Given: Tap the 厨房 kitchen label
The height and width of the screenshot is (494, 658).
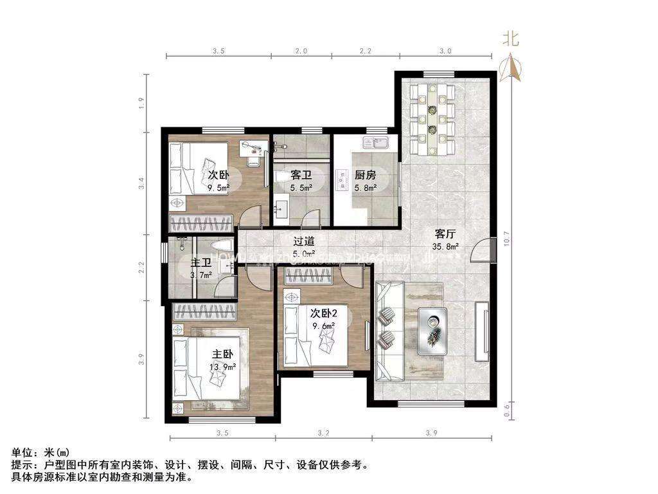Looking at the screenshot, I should pyautogui.click(x=365, y=174).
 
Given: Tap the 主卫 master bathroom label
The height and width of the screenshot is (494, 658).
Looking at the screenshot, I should pyautogui.click(x=201, y=262).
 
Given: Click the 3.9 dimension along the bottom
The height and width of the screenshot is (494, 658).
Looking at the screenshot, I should pyautogui.click(x=431, y=434).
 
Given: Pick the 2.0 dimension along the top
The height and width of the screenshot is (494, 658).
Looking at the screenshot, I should pyautogui.click(x=301, y=50).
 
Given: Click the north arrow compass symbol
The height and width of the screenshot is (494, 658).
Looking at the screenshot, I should pyautogui.click(x=512, y=64).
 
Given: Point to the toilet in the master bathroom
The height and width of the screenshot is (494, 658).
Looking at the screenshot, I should pyautogui.click(x=221, y=250).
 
